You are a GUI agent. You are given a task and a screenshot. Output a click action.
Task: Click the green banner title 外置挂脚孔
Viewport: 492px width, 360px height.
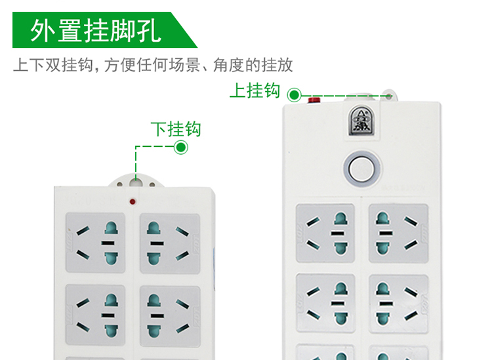coord(96,30)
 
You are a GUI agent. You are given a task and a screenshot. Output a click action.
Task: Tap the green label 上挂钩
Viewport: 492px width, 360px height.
coord(255,90)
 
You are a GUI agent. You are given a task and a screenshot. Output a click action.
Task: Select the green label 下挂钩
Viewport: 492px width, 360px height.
coord(176,129)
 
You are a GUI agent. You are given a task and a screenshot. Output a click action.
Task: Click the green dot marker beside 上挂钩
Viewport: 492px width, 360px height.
coord(294,94)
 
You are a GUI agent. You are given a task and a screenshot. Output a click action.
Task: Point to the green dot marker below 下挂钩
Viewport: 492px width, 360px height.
coord(181,147)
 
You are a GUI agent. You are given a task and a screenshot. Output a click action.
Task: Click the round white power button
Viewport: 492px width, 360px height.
coord(362,169)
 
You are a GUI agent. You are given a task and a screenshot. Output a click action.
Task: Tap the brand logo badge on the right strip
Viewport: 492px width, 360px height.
coord(361,121)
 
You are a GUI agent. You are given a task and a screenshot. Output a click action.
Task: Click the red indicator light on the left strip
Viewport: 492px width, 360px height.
coord(133,201)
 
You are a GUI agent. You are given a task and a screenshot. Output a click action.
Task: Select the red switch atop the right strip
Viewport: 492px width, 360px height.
coord(314,100)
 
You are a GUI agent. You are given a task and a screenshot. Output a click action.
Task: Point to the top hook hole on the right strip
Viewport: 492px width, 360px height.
coord(389,96)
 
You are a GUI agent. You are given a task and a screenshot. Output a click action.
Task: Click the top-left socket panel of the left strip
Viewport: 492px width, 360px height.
coord(95,243)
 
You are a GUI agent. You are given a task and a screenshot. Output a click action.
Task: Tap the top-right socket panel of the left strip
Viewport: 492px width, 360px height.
coord(170,244)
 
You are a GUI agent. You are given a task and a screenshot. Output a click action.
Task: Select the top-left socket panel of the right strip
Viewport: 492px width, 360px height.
coord(325,233)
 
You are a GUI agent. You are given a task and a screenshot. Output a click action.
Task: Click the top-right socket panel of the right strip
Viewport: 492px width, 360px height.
coord(398,233)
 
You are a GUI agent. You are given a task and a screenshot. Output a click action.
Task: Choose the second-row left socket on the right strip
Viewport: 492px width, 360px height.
coord(325,303)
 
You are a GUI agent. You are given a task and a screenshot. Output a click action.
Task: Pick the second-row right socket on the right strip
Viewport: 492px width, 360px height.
coord(399,304)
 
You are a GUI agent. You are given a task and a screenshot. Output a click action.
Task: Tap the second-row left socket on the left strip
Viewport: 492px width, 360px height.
coord(95,315)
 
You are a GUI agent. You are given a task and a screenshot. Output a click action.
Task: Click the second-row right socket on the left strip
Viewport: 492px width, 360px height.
coord(170,316)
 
